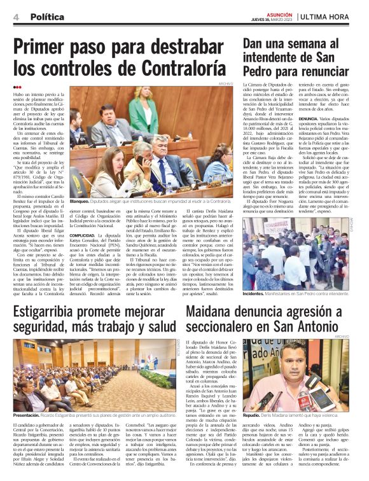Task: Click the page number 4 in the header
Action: (15, 17)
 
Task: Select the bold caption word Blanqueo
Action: (83, 201)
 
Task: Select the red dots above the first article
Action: (17, 87)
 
